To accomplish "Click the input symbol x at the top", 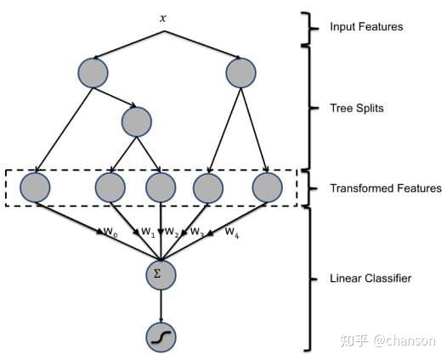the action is pyautogui.click(x=163, y=19).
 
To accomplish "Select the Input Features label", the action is pyautogui.click(x=366, y=27).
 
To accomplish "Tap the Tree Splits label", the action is pyautogui.click(x=357, y=108).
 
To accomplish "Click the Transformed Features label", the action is pyautogui.click(x=386, y=188).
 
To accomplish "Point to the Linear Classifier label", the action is pyautogui.click(x=371, y=278).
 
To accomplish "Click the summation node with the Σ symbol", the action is pyautogui.click(x=161, y=275).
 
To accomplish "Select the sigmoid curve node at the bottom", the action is pyautogui.click(x=161, y=338).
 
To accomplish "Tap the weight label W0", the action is pyautogui.click(x=110, y=232).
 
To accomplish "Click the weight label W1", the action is pyautogui.click(x=148, y=232).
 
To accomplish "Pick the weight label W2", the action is pyautogui.click(x=172, y=232).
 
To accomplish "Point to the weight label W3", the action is pyautogui.click(x=197, y=232).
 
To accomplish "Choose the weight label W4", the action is pyautogui.click(x=232, y=233).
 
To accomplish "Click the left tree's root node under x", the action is pyautogui.click(x=93, y=73).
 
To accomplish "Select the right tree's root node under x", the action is pyautogui.click(x=240, y=73).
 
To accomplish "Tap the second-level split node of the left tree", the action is pyautogui.click(x=137, y=122).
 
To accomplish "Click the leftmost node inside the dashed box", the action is pyautogui.click(x=35, y=188).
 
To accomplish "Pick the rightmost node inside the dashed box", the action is pyautogui.click(x=268, y=188).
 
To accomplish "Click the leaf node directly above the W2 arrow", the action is pyautogui.click(x=161, y=188).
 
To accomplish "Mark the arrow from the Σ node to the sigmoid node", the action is pyautogui.click(x=161, y=307).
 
